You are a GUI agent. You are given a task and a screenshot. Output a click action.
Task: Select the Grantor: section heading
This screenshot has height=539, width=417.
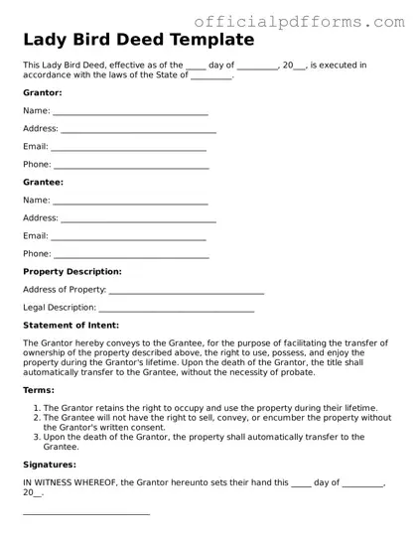pos(43,93)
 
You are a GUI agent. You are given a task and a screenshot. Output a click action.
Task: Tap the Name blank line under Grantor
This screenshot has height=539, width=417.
pos(130,114)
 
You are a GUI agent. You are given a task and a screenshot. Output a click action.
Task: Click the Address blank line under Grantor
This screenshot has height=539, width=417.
pos(138,132)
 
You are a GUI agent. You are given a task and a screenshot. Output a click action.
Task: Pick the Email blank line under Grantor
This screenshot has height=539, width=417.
pos(128,150)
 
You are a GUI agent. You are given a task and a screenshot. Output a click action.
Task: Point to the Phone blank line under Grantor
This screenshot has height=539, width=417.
pos(131,167)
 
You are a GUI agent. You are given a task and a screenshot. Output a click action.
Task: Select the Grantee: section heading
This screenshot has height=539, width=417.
pos(43,183)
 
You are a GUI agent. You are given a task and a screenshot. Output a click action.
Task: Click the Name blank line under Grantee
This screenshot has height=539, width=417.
pos(130,203)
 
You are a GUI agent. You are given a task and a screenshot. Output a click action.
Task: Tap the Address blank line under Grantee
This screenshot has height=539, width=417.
pos(138,220)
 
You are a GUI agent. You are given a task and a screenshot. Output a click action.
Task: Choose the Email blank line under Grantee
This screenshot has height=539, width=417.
pos(128,239)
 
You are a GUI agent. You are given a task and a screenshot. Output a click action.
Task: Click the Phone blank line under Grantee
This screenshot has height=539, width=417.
pos(131,256)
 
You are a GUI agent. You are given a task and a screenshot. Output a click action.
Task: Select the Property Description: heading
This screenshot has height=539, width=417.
pos(72,271)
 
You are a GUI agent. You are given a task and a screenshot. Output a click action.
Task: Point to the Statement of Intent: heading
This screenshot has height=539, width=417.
pos(70,326)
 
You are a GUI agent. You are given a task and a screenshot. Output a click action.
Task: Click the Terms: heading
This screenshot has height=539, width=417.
pos(39,391)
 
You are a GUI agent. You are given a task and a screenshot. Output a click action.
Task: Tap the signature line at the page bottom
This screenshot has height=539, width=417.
pos(86,514)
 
